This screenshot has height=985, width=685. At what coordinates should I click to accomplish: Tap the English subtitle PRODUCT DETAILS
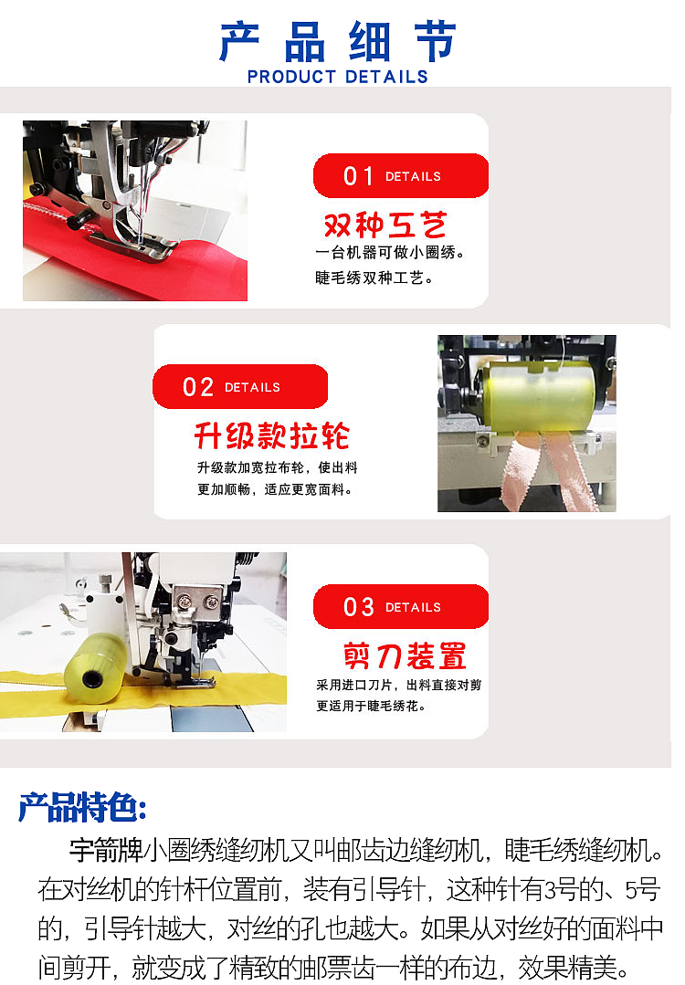(338, 77)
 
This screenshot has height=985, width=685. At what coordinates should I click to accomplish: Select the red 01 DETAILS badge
(400, 176)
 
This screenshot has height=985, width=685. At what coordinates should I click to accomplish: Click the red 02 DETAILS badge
(239, 387)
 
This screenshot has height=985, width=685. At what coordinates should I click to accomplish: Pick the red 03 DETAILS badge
(400, 607)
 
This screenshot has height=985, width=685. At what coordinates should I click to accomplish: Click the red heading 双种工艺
(385, 225)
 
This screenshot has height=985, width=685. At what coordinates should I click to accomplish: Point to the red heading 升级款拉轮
(271, 436)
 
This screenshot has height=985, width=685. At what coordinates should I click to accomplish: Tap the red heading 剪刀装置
(405, 655)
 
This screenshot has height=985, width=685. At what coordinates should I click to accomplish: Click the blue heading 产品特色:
(82, 807)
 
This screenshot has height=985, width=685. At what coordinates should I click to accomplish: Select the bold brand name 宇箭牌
(105, 851)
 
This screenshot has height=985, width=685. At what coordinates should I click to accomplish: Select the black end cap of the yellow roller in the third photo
(92, 681)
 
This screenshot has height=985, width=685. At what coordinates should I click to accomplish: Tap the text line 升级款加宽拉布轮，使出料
(277, 467)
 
